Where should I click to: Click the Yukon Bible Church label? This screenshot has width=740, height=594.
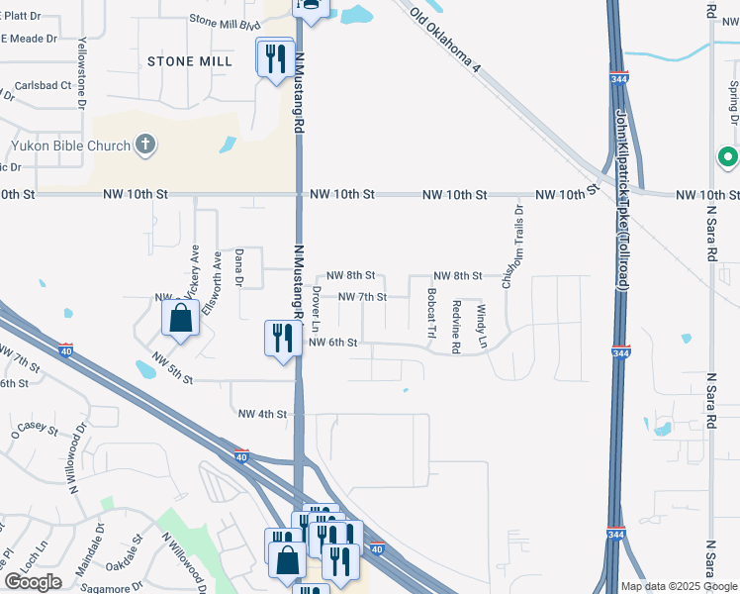pos(71,147)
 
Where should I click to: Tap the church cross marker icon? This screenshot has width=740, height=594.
pos(145,146)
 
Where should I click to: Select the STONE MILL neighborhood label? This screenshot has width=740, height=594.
pos(190,61)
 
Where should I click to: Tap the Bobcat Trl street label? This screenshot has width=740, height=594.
pos(431,314)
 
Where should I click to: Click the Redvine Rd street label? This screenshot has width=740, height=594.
pos(456,327)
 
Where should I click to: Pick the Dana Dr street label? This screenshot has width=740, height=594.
pos(238,268)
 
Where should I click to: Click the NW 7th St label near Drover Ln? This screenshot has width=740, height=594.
pos(362,297)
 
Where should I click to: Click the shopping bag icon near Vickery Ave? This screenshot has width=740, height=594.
pos(180,319)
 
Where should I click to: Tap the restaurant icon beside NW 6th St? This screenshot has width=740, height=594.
pos(280,339)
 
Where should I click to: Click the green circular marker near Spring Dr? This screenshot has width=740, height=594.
pos(727,157)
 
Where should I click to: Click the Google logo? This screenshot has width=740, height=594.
pos(33,582)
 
